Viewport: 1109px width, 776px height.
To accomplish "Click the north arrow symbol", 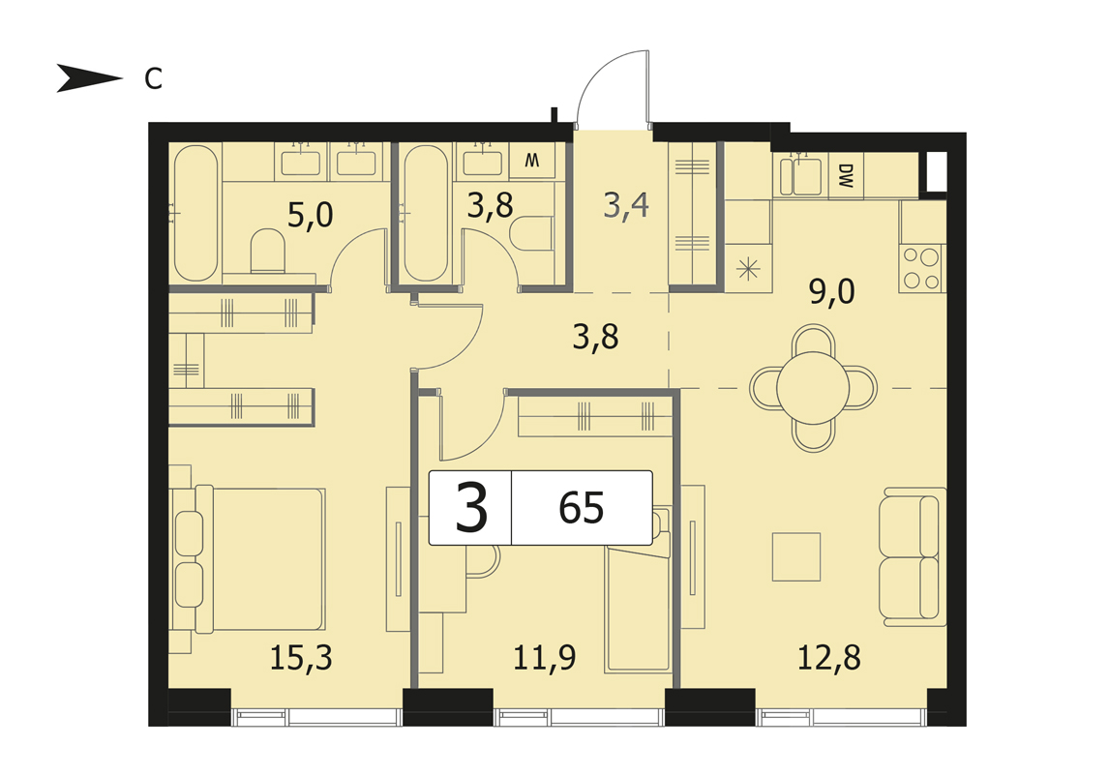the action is click(88, 77).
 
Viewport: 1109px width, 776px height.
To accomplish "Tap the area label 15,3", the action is click(301, 658).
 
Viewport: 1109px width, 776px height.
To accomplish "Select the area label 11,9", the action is click(544, 658).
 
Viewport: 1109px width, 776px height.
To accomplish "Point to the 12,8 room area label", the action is click(829, 658).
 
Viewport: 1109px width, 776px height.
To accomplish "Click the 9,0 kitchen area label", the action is click(832, 291).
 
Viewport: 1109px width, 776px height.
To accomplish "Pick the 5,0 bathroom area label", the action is click(310, 215).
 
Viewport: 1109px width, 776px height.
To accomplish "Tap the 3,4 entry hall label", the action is click(626, 206).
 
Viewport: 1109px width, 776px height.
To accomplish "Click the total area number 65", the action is click(582, 508).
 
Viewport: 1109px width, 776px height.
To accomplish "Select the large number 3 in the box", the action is click(471, 507).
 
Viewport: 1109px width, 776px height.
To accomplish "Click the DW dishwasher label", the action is click(846, 175).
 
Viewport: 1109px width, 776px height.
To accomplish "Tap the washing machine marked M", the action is click(532, 160).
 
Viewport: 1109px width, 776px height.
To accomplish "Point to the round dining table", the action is click(813, 388).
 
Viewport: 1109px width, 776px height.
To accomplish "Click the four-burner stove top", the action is click(921, 269).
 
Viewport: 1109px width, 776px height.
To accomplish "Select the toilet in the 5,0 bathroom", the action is click(268, 251).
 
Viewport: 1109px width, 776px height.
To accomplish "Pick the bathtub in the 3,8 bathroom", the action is click(426, 213).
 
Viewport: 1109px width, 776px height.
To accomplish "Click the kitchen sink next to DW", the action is click(800, 175).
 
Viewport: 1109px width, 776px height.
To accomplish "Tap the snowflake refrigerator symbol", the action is click(748, 269).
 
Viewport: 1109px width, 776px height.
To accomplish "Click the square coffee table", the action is click(796, 556).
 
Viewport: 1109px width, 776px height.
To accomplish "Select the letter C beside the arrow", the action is click(154, 79).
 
